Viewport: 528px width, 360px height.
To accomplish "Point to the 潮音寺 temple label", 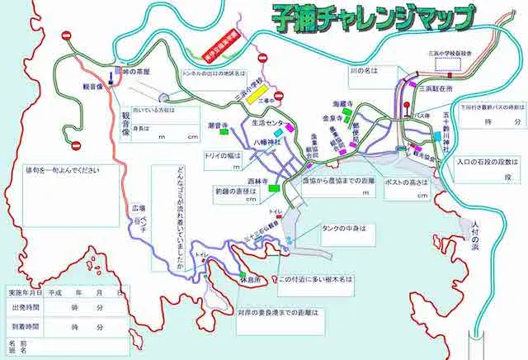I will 219,125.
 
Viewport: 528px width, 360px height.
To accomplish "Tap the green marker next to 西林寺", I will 273,189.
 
